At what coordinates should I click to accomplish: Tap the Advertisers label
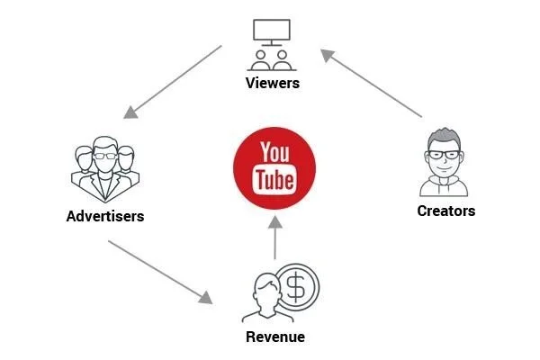click(x=105, y=217)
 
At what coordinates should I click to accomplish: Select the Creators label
click(x=446, y=211)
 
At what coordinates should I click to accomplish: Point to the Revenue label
click(x=275, y=337)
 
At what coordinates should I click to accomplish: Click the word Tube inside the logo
click(x=275, y=180)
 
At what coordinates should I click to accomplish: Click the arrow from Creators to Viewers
click(x=372, y=83)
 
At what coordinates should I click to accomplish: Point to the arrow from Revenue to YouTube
click(x=276, y=238)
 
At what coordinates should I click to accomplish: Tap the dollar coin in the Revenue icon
click(x=296, y=286)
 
